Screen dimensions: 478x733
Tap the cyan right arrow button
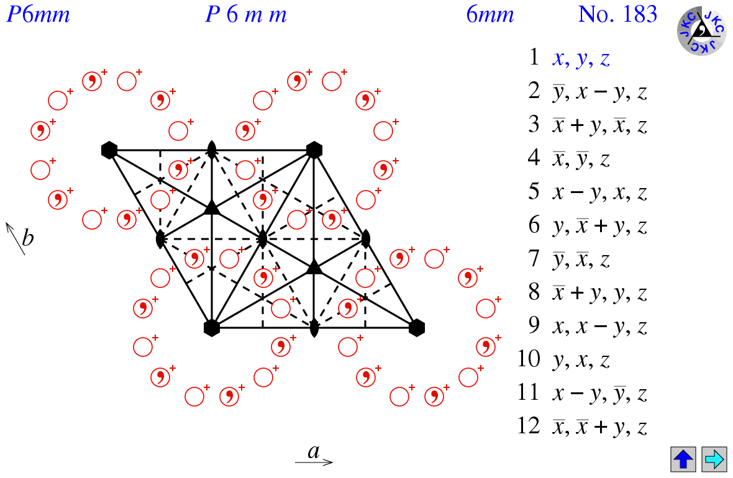714,459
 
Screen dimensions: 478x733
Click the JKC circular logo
701,30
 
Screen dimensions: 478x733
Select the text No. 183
617,14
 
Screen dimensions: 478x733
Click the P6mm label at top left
38,14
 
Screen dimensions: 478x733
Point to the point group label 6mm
490,14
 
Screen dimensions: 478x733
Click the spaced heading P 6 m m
246,14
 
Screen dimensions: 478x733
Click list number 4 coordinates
581,160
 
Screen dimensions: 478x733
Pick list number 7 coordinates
581,259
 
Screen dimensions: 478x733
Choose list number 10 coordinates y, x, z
581,360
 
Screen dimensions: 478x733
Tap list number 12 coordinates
600,427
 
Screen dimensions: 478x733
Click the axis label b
28,238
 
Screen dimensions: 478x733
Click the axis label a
314,451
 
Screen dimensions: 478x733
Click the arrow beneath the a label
314,462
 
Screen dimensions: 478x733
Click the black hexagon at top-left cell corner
109,150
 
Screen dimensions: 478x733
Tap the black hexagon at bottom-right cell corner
417,327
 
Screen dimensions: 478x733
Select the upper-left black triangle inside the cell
212,207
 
